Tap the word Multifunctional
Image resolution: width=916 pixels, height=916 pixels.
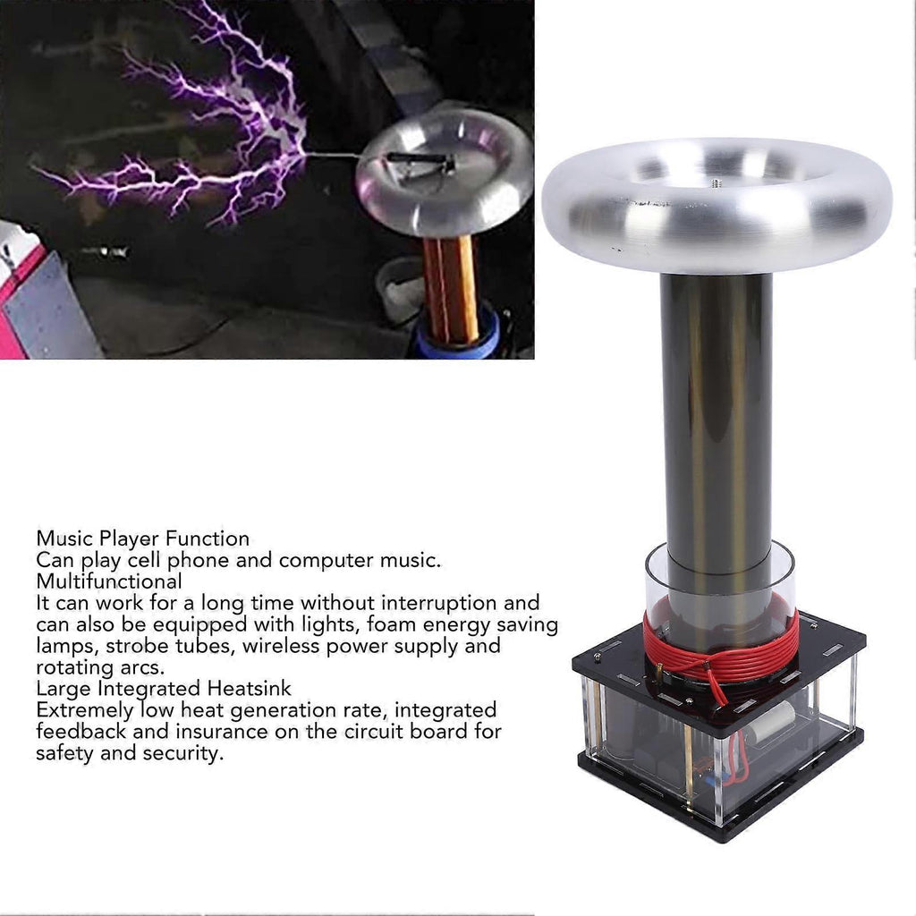click(109, 581)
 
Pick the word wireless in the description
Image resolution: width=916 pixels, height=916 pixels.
click(321, 646)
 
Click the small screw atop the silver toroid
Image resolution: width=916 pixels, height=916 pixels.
click(717, 183)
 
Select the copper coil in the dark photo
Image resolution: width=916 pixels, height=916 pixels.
click(452, 290)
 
